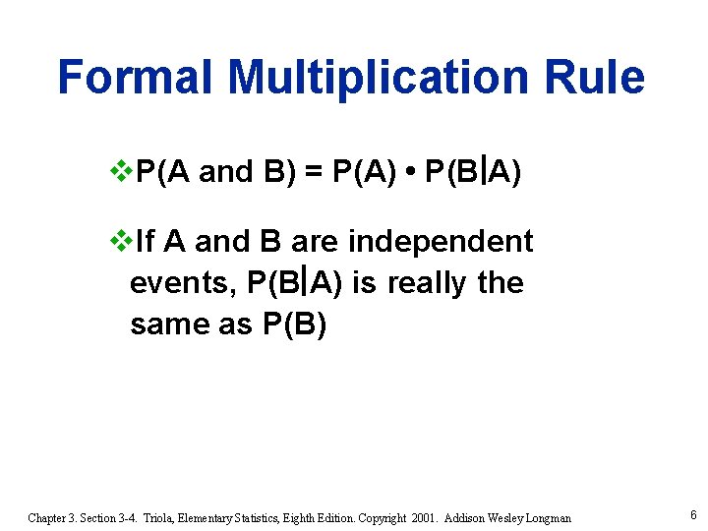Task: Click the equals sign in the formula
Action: (314, 174)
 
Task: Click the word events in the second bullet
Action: (181, 283)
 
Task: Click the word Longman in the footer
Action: (544, 517)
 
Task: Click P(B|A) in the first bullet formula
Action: (472, 174)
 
